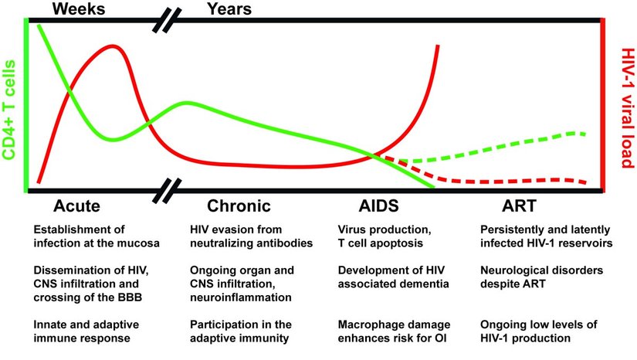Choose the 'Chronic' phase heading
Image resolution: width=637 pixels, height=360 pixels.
tap(239, 206)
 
